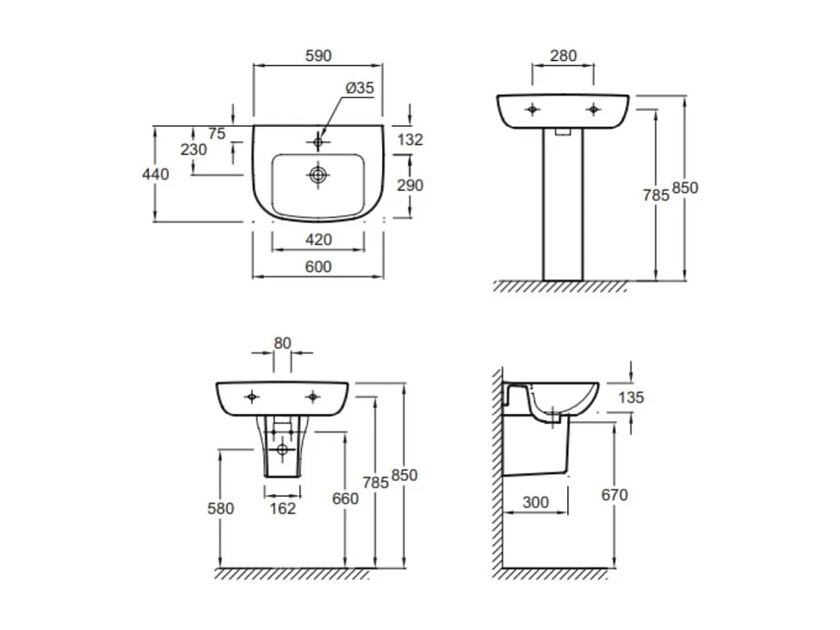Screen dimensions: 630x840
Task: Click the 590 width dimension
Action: click(x=318, y=56)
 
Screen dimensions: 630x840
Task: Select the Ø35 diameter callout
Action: click(x=359, y=89)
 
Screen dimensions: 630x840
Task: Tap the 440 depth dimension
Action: click(x=155, y=174)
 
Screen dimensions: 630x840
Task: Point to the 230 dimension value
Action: click(x=194, y=150)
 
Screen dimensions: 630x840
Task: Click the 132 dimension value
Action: click(x=410, y=140)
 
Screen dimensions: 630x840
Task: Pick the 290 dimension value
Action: click(x=410, y=185)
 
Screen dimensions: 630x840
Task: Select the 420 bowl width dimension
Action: click(x=318, y=240)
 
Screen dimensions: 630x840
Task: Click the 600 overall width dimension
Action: click(x=318, y=268)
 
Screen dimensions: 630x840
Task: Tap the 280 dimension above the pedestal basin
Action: click(x=562, y=56)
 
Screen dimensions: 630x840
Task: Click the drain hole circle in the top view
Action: click(x=318, y=175)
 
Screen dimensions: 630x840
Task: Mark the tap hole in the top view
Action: click(x=318, y=142)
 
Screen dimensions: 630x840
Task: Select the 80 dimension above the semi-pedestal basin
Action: click(x=282, y=343)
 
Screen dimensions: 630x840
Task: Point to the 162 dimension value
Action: click(x=282, y=508)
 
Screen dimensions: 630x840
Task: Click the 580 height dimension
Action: click(x=220, y=508)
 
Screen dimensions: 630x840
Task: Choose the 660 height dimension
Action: click(x=345, y=499)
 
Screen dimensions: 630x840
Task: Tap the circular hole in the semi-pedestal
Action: click(x=282, y=450)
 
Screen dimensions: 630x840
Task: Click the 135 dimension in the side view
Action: click(x=630, y=397)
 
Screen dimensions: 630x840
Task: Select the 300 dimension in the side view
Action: click(x=535, y=502)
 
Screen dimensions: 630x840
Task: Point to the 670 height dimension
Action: click(x=614, y=495)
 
